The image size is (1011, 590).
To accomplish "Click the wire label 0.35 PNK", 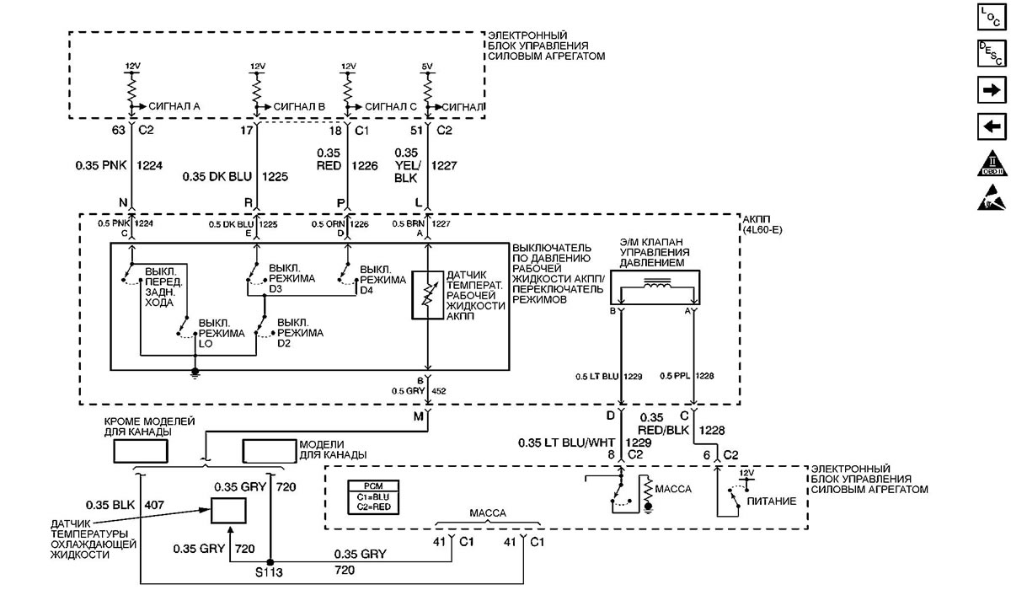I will pyautogui.click(x=99, y=166).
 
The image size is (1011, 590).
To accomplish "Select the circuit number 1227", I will pyautogui.click(x=444, y=166).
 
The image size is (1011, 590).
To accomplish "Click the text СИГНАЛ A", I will pyautogui.click(x=173, y=106).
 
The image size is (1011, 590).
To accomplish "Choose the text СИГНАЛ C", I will pyautogui.click(x=391, y=106).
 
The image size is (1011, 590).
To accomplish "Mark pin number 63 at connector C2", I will pyautogui.click(x=119, y=131).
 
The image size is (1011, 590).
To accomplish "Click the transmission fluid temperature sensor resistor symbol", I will pyautogui.click(x=428, y=295).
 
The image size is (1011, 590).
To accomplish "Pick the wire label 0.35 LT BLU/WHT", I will pyautogui.click(x=565, y=442).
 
